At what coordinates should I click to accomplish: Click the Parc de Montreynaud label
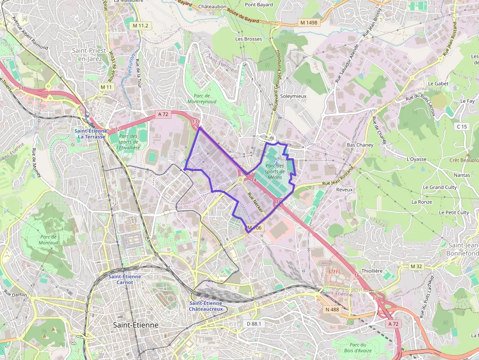click(x=198, y=99)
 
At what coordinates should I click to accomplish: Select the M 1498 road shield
click(x=309, y=22)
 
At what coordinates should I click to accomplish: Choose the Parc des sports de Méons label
click(x=275, y=171)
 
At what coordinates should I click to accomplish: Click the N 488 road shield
click(x=331, y=309)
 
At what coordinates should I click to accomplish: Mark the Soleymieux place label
click(x=293, y=96)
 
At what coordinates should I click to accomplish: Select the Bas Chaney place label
click(x=360, y=145)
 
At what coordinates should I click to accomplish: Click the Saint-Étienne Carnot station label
click(x=125, y=279)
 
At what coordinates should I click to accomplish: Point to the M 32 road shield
click(x=416, y=266)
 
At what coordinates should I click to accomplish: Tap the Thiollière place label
click(x=372, y=271)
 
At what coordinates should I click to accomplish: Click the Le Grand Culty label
click(x=440, y=187)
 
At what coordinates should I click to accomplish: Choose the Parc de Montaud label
click(x=48, y=239)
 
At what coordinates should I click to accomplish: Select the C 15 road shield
click(x=462, y=127)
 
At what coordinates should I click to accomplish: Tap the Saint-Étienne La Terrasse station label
click(x=90, y=133)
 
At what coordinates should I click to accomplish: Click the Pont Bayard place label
click(x=259, y=5)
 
